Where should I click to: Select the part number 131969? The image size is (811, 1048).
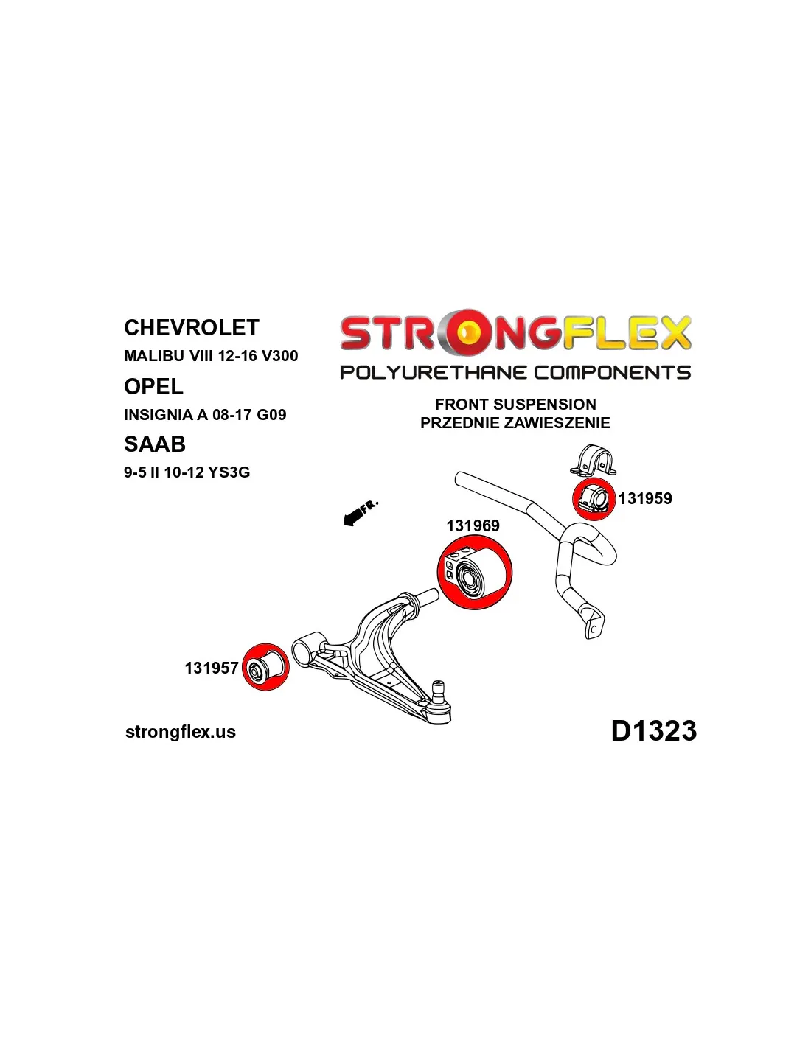(473, 525)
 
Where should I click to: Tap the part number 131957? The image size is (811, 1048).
(212, 668)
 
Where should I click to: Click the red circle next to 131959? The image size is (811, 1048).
(594, 499)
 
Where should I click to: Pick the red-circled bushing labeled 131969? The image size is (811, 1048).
(475, 573)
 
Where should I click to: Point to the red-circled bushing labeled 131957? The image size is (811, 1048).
(265, 667)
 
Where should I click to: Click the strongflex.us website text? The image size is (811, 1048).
(181, 732)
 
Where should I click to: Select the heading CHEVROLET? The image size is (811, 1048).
(192, 327)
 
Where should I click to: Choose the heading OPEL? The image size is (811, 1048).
(153, 386)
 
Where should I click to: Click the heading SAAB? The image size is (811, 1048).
(154, 444)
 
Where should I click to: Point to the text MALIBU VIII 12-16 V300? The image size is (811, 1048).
(211, 356)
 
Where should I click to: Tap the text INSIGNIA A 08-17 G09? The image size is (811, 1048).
(205, 414)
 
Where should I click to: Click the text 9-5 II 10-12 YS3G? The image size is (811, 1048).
(187, 472)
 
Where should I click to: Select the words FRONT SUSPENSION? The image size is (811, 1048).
(515, 404)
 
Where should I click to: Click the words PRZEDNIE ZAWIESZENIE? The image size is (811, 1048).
(515, 423)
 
